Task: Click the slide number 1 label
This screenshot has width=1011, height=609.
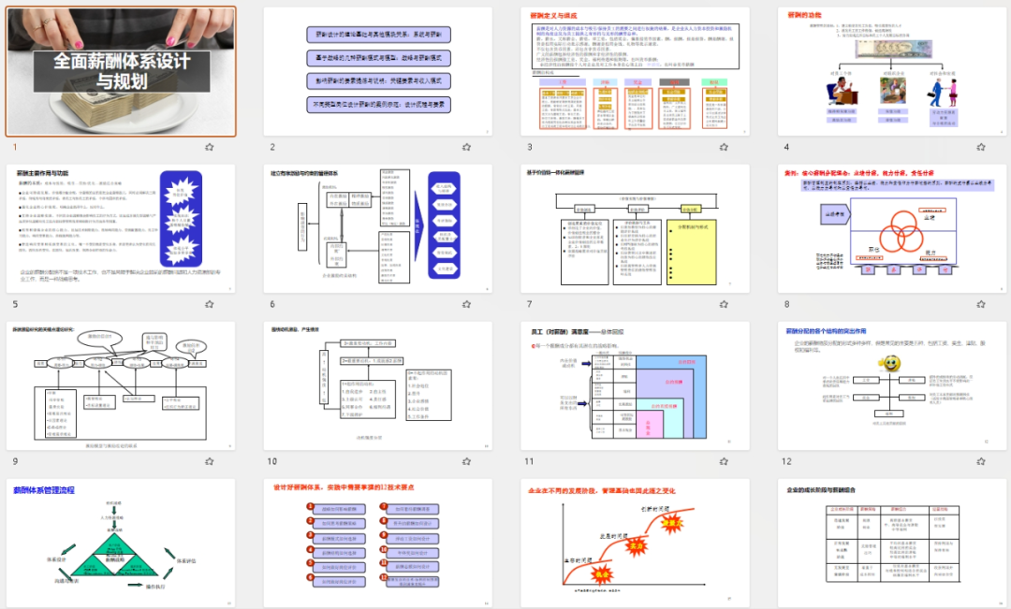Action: tap(14, 147)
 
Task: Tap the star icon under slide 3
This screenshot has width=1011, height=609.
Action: tap(724, 147)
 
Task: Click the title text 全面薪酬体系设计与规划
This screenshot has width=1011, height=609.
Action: tap(122, 70)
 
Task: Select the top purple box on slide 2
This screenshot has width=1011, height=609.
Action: tap(379, 35)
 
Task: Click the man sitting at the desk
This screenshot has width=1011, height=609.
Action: tap(837, 92)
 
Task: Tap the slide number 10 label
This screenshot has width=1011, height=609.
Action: tap(272, 461)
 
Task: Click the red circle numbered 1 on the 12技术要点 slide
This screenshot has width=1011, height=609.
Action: tap(311, 507)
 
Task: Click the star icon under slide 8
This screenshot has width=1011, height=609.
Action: tap(980, 304)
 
